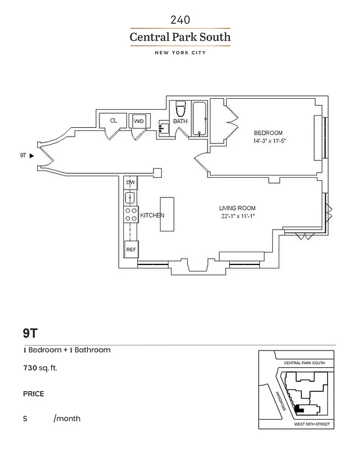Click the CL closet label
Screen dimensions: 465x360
tap(113, 121)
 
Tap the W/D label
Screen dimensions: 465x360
tap(138, 121)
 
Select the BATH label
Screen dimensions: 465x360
tap(180, 121)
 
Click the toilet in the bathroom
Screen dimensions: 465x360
tap(180, 108)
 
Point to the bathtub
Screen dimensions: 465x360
tap(199, 119)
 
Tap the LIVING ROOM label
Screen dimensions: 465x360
tap(237, 208)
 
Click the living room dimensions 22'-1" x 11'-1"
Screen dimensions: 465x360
tap(237, 217)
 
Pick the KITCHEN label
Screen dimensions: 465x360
tap(152, 216)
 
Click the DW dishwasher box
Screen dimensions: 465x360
tap(131, 183)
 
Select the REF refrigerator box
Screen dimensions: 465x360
tap(131, 249)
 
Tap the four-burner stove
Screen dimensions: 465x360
tap(131, 214)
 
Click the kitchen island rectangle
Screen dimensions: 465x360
tap(167, 214)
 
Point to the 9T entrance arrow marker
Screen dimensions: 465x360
tap(31, 156)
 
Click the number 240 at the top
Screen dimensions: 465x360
tap(180, 20)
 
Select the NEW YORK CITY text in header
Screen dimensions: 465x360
tap(180, 53)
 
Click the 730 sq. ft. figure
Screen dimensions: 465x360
tap(40, 368)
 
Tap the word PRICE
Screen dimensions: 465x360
tap(33, 394)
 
